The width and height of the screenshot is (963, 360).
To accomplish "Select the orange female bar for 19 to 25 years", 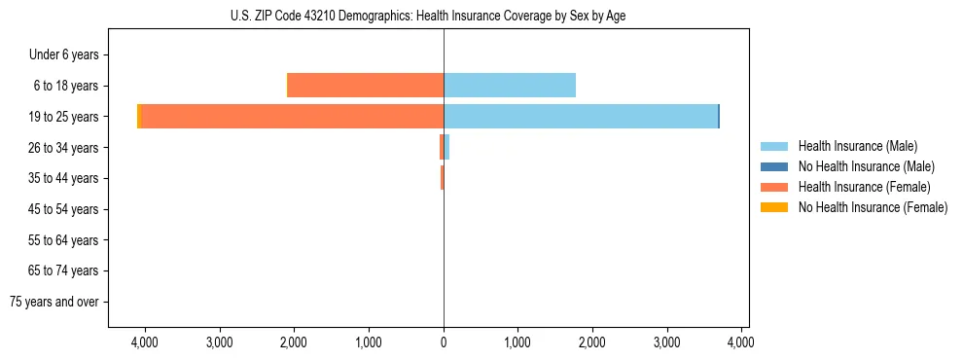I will (292, 117).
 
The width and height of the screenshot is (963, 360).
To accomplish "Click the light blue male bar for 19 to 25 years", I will (581, 117).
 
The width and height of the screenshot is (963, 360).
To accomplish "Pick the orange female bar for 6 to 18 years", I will (366, 86).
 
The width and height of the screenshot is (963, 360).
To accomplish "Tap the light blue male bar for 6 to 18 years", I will (510, 86).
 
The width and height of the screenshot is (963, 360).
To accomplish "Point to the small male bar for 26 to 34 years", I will (446, 148).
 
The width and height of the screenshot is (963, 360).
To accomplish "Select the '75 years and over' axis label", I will (54, 302).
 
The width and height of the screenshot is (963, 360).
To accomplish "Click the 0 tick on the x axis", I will (444, 342).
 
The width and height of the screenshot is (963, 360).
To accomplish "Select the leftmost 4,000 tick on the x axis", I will (145, 342).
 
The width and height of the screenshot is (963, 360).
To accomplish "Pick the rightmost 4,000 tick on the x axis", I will (742, 342).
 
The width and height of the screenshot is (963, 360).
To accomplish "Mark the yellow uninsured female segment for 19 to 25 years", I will (139, 117).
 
